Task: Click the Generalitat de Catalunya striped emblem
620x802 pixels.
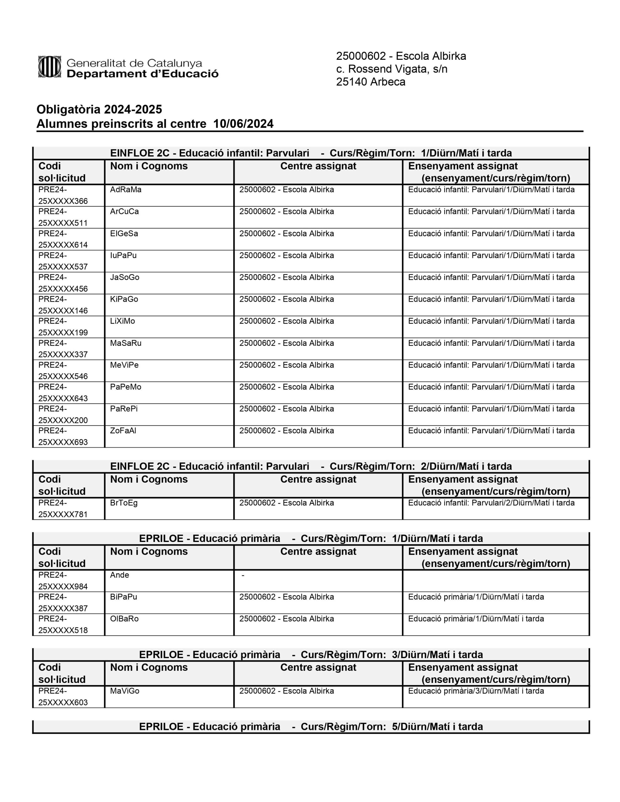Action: point(49,67)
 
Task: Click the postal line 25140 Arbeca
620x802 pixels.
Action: point(370,82)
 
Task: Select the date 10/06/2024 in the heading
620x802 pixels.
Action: point(243,124)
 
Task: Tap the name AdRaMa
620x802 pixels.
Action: point(126,190)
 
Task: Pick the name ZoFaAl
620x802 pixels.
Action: point(123,431)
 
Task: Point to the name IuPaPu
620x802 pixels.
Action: point(123,256)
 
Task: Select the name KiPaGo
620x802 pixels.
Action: point(124,299)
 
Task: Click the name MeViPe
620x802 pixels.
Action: point(124,365)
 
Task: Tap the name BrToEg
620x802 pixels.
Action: point(124,503)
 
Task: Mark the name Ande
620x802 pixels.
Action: point(119,575)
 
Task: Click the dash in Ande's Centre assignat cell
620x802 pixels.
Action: point(243,575)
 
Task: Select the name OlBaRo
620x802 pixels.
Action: point(124,619)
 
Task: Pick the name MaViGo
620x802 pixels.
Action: point(124,691)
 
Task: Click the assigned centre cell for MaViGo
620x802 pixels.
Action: point(287,691)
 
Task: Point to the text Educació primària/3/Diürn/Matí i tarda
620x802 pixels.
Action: point(476,691)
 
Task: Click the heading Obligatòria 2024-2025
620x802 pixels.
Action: point(99,109)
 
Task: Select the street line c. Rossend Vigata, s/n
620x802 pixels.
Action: point(392,69)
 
